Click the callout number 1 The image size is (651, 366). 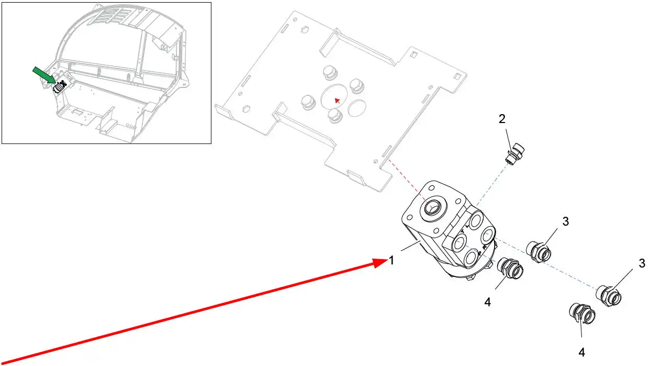pyautogui.click(x=391, y=260)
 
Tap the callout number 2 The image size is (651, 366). pyautogui.click(x=502, y=119)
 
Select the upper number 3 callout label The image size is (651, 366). pyautogui.click(x=566, y=221)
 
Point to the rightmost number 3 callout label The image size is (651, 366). pyautogui.click(x=642, y=264)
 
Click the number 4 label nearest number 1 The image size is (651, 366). pyautogui.click(x=488, y=302)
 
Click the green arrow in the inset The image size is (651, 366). pyautogui.click(x=44, y=74)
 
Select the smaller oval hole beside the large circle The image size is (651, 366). pyautogui.click(x=357, y=108)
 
